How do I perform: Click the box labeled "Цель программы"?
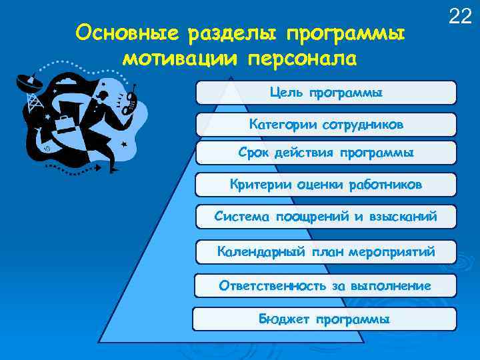coord(326,93)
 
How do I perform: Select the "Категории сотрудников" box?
coord(326,125)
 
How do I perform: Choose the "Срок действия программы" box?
coord(326,153)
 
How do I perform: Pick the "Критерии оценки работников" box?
coord(326,185)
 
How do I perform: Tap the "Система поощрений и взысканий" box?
coord(326,217)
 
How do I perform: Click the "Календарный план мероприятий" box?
coord(326,251)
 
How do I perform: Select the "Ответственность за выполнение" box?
coord(326,286)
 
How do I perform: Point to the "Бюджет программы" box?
coord(325,319)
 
